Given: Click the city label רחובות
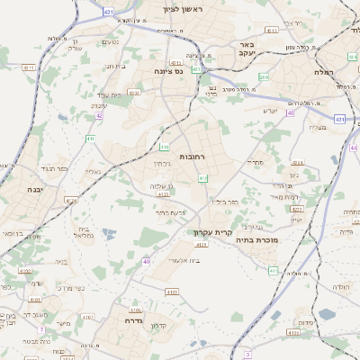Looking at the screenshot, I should pyautogui.click(x=193, y=157).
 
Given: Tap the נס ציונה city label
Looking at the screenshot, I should pyautogui.click(x=168, y=71).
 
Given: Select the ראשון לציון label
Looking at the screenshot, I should pyautogui.click(x=184, y=9).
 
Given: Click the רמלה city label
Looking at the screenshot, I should pyautogui.click(x=324, y=71).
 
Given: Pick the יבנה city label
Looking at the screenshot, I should pyautogui.click(x=35, y=190).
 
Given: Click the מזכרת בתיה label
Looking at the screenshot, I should pyautogui.click(x=257, y=240).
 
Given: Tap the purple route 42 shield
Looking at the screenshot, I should pyautogui.click(x=99, y=115).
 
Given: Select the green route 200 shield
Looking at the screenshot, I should pyautogui.click(x=263, y=77).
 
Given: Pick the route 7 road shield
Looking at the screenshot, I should pyautogui.click(x=247, y=355).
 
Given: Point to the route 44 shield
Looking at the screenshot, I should pyautogui.click(x=354, y=147).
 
